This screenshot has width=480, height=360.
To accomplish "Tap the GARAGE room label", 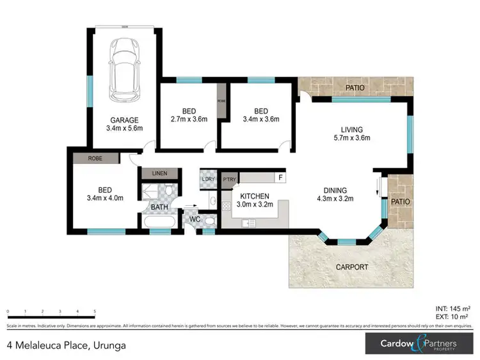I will [x=124, y=120].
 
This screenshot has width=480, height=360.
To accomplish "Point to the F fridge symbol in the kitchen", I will [x=280, y=177].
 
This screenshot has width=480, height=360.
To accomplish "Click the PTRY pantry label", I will [x=229, y=179].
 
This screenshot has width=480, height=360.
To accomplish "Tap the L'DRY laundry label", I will [x=207, y=179].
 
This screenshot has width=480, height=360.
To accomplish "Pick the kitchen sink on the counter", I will [x=249, y=223].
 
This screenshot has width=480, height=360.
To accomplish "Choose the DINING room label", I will [x=335, y=190].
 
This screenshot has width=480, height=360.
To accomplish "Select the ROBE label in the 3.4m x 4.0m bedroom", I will [x=95, y=157].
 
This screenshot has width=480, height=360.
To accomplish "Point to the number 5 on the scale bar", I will [x=95, y=311].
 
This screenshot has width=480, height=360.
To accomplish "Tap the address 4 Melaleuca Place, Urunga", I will [x=66, y=345].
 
